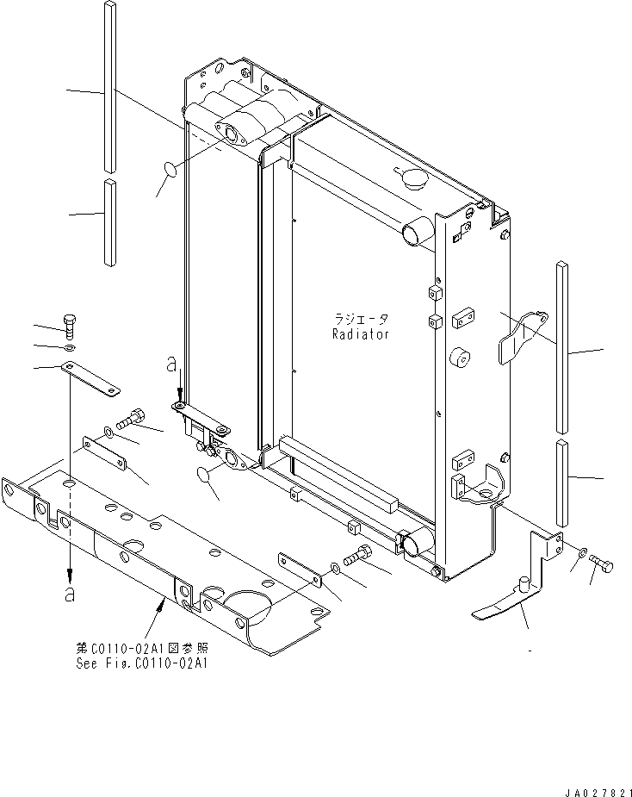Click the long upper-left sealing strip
click(x=109, y=84)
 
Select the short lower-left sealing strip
click(x=109, y=221)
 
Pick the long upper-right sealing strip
click(x=562, y=346)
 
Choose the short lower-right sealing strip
click(x=562, y=483)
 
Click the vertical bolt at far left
click(x=70, y=327)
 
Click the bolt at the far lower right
click(x=603, y=564)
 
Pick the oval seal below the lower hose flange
click(x=208, y=473)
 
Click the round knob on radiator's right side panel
click(x=458, y=358)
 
